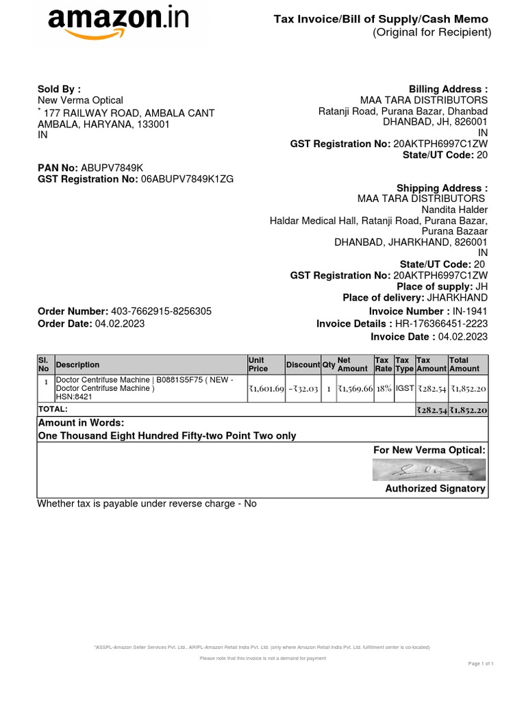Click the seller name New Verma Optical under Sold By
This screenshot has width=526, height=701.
click(x=80, y=101)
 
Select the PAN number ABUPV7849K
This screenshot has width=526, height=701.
click(x=112, y=168)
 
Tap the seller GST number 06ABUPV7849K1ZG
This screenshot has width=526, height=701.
click(x=187, y=179)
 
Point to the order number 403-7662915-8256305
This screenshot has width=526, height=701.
click(x=166, y=311)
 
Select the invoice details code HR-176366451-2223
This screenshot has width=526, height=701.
click(x=442, y=324)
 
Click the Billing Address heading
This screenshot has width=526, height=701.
click(x=448, y=89)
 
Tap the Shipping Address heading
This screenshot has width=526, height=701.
click(x=442, y=188)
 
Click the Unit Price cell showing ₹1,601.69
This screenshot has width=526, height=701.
click(x=266, y=388)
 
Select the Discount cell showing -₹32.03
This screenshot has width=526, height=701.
click(x=303, y=388)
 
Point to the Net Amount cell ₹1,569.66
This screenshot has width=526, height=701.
click(x=355, y=388)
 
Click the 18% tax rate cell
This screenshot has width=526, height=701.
click(x=384, y=388)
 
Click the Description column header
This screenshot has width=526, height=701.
click(x=77, y=365)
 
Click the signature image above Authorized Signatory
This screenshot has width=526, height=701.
click(x=429, y=469)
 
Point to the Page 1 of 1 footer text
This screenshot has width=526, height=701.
click(x=481, y=664)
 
